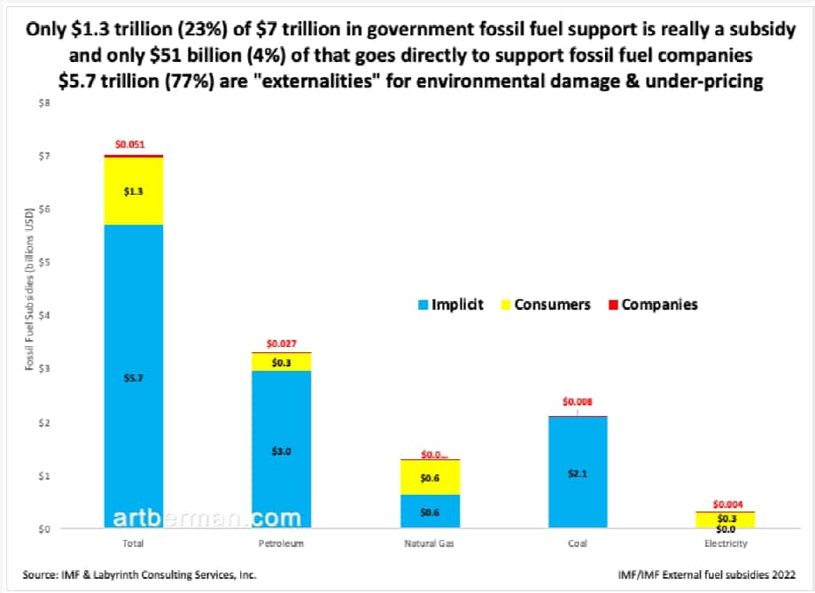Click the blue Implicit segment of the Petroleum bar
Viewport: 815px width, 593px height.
[x=282, y=450]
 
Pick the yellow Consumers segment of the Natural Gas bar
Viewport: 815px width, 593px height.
[x=430, y=477]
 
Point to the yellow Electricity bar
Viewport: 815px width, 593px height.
[x=725, y=519]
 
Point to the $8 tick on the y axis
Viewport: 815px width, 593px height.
[x=44, y=103]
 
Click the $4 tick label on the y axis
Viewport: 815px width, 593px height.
[x=44, y=316]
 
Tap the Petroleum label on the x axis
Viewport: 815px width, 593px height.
[x=282, y=544]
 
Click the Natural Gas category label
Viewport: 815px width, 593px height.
[x=430, y=544]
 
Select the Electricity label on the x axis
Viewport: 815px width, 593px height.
[x=725, y=544]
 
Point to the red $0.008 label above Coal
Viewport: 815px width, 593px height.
[x=578, y=402]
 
